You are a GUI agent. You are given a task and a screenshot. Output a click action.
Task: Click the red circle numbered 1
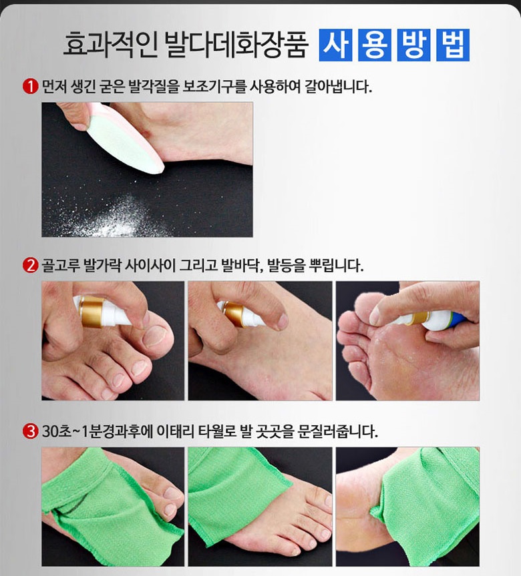click(x=30, y=87)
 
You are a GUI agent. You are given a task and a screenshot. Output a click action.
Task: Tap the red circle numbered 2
click(x=30, y=265)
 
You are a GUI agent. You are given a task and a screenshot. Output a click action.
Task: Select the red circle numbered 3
click(x=30, y=431)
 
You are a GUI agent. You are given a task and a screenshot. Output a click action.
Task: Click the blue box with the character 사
click(x=335, y=45)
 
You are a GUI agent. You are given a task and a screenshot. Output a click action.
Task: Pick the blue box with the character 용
click(x=375, y=45)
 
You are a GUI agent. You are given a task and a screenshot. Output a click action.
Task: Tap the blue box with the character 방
click(x=414, y=45)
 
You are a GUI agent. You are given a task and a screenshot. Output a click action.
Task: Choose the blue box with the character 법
click(x=453, y=45)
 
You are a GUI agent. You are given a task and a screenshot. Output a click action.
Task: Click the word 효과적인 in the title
click(x=110, y=45)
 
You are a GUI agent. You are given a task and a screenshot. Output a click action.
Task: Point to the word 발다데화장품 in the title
click(x=236, y=45)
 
